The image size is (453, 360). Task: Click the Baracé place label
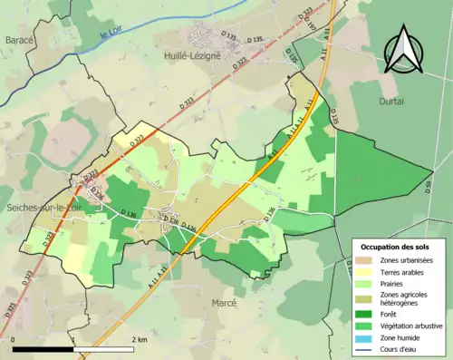(20, 41)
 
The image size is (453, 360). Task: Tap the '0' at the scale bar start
(14, 340)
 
